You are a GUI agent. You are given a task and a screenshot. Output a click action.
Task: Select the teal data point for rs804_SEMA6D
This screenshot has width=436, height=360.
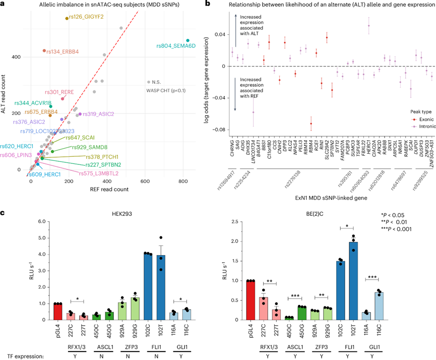pyautogui.click(x=188, y=41)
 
